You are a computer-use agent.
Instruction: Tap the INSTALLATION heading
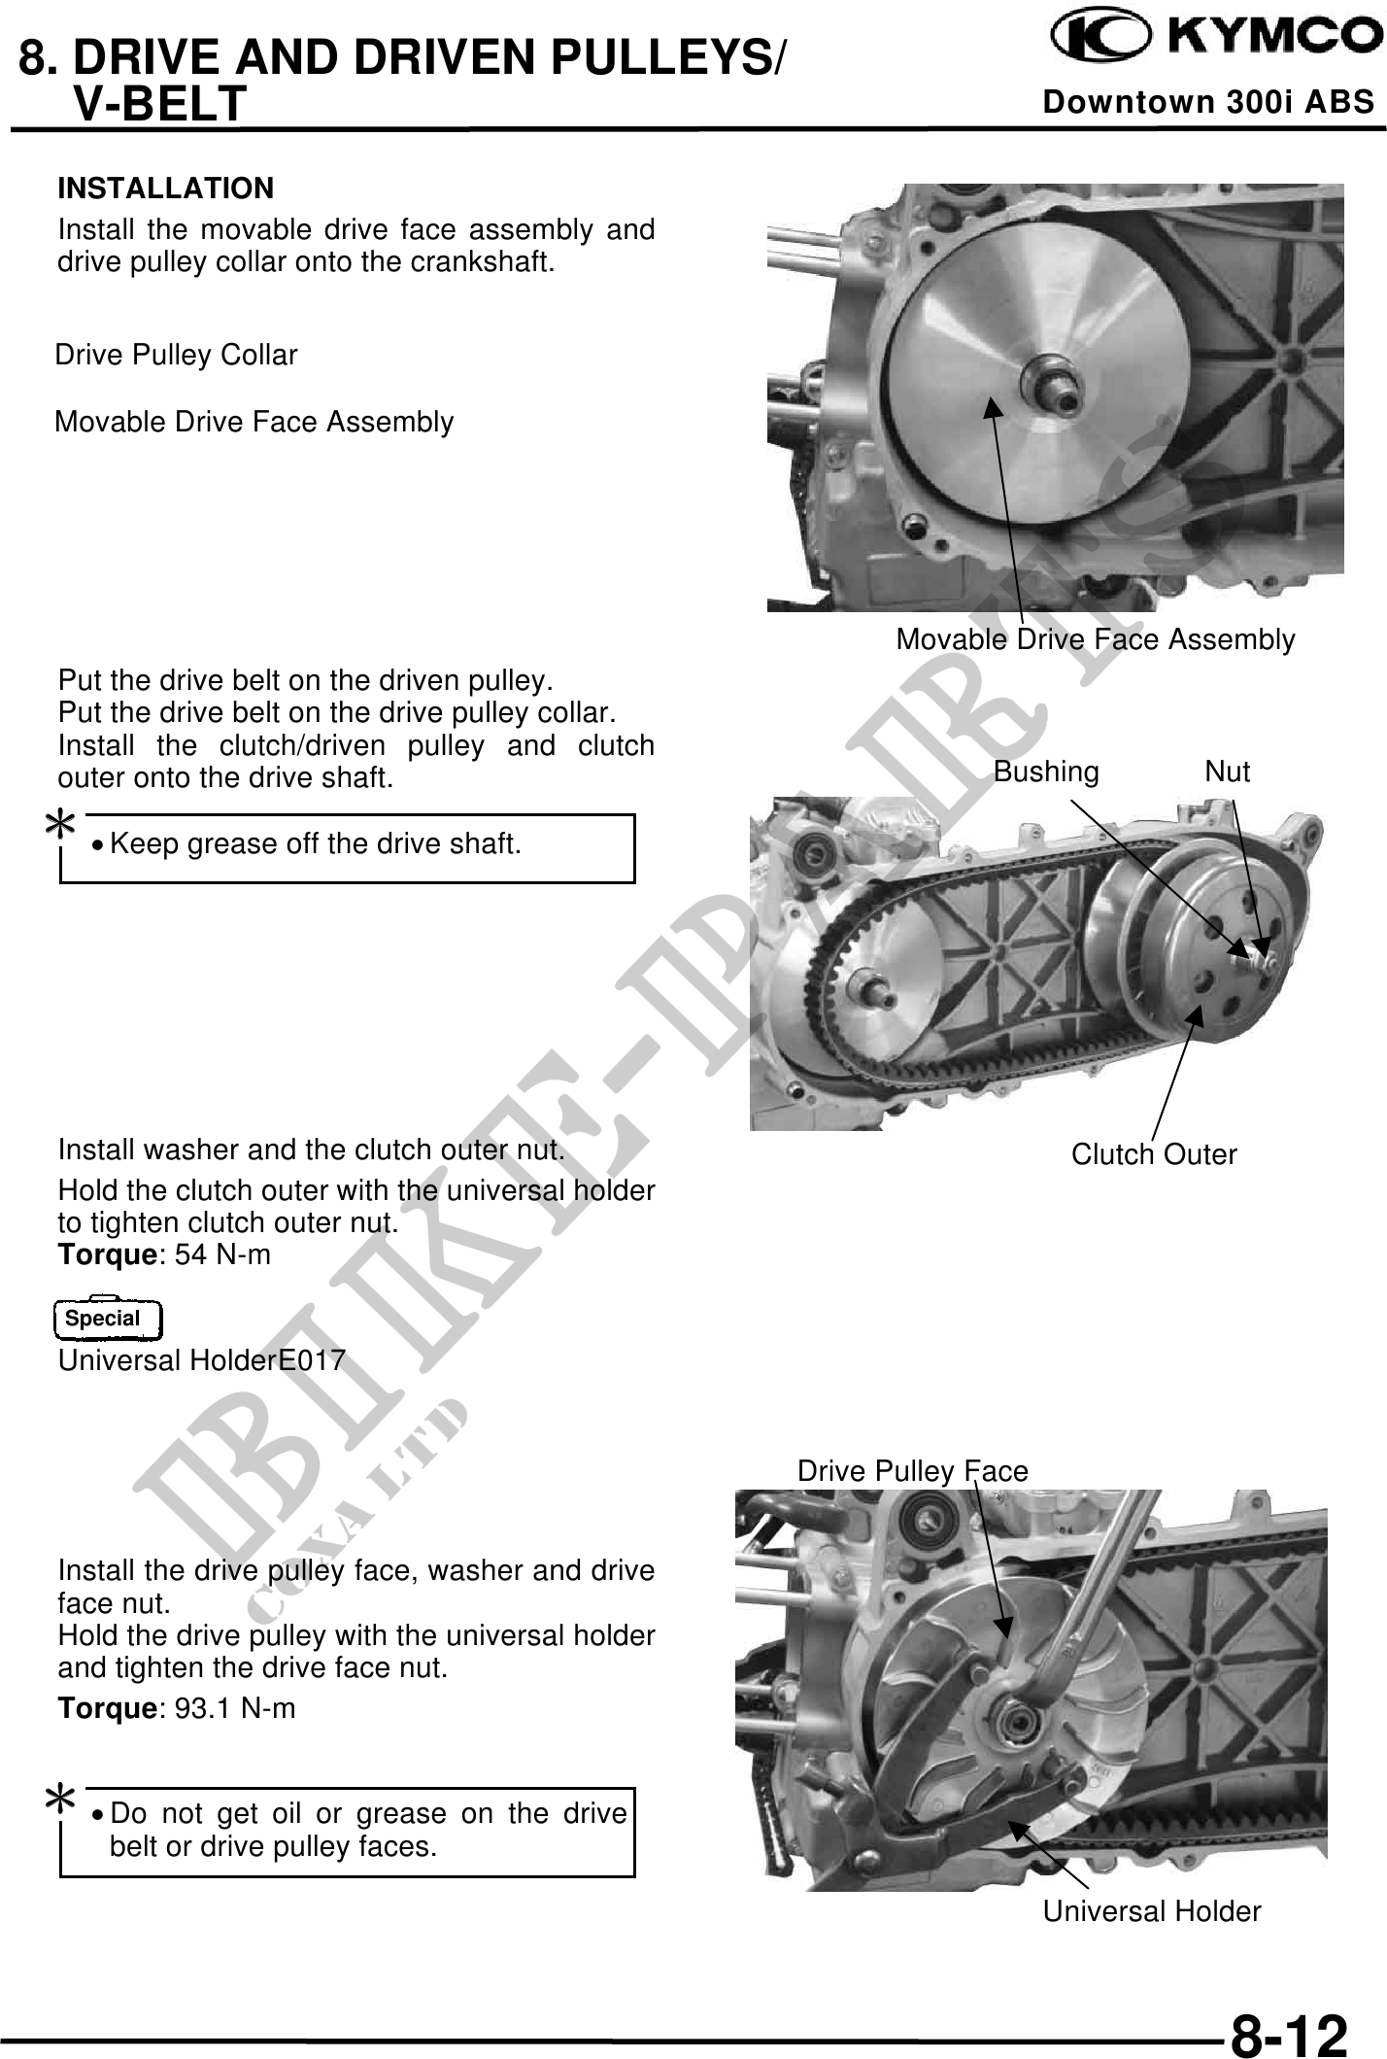pyautogui.click(x=166, y=188)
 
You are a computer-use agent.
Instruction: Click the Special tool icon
pyautogui.click(x=108, y=1319)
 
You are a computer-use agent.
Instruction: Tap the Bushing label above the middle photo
pyautogui.click(x=1046, y=772)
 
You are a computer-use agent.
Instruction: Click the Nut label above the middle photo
pyautogui.click(x=1227, y=772)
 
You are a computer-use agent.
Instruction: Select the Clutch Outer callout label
pyautogui.click(x=1154, y=1154)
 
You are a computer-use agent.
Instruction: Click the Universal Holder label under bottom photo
pyautogui.click(x=1152, y=1911)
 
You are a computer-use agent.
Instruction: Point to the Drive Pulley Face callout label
pyautogui.click(x=912, y=1471)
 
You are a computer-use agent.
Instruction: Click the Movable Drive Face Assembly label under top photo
pyautogui.click(x=1095, y=639)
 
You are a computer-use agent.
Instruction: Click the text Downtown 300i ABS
pyautogui.click(x=1208, y=102)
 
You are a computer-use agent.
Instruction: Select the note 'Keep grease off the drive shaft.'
pyautogui.click(x=316, y=843)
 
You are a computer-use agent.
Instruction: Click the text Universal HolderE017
pyautogui.click(x=202, y=1360)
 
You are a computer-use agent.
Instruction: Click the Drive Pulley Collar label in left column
pyautogui.click(x=176, y=356)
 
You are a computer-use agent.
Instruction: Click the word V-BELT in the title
pyautogui.click(x=160, y=103)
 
